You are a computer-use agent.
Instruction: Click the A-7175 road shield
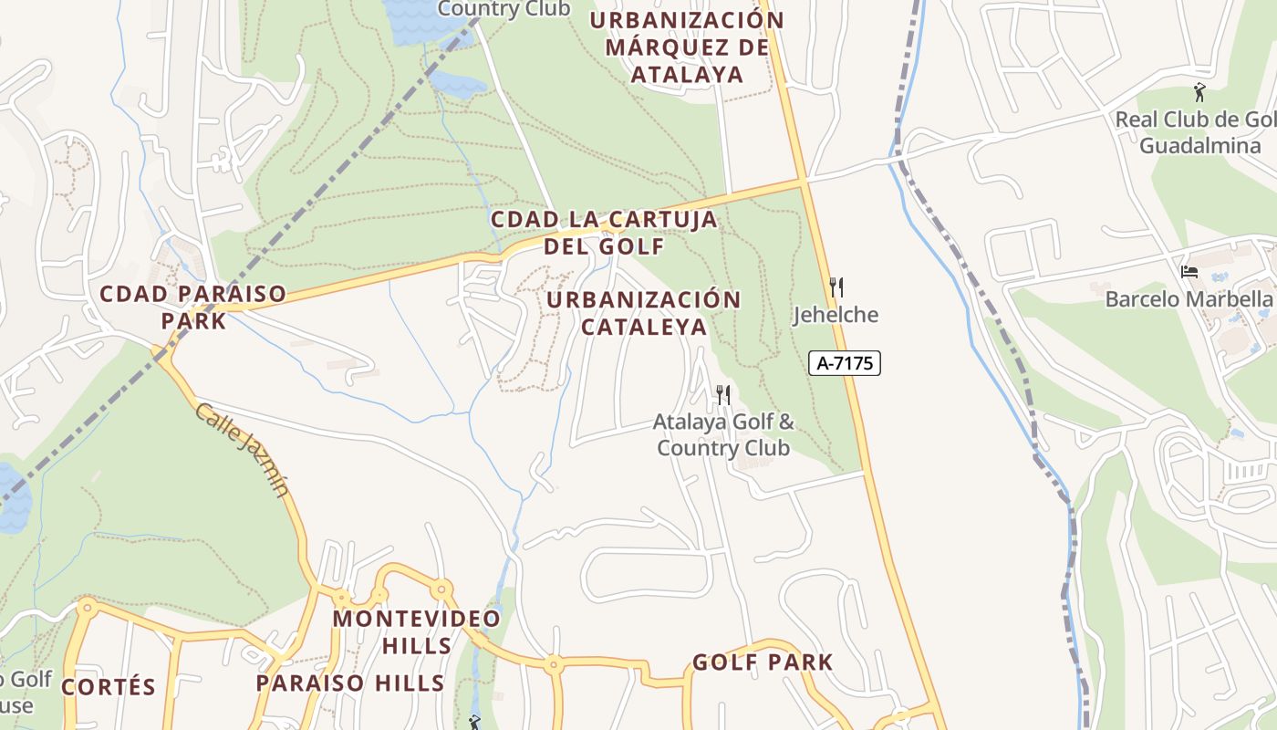pyautogui.click(x=844, y=363)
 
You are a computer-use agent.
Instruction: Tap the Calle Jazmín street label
pyautogui.click(x=242, y=451)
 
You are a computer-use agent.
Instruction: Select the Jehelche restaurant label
pyautogui.click(x=835, y=315)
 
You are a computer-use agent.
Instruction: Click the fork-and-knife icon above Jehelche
pyautogui.click(x=836, y=287)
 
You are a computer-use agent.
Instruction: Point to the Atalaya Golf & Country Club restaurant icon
pyautogui.click(x=722, y=394)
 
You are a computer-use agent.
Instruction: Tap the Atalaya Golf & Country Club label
pyautogui.click(x=723, y=435)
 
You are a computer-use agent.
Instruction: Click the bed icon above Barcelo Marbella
pyautogui.click(x=1189, y=272)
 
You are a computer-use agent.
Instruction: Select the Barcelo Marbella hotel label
pyautogui.click(x=1189, y=299)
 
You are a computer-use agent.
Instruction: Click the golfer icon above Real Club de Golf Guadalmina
pyautogui.click(x=1199, y=92)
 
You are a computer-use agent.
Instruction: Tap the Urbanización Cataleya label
pyautogui.click(x=644, y=313)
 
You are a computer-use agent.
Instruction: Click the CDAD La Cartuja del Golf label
pyautogui.click(x=604, y=233)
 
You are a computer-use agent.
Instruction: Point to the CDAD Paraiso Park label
pyautogui.click(x=192, y=308)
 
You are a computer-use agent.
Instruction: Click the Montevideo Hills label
pyautogui.click(x=417, y=631)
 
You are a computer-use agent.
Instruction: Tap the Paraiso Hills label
pyautogui.click(x=350, y=683)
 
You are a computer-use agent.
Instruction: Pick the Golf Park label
pyautogui.click(x=763, y=662)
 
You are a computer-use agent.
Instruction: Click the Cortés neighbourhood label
pyautogui.click(x=109, y=687)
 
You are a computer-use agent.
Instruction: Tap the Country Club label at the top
pyautogui.click(x=504, y=9)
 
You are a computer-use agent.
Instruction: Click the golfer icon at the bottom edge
pyautogui.click(x=473, y=723)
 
